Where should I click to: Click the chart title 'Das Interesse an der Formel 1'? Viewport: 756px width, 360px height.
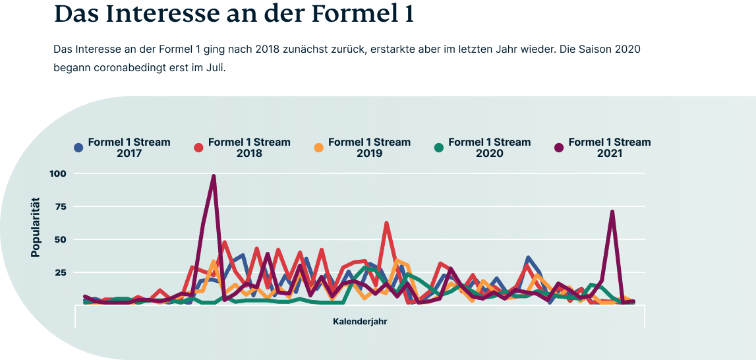click(x=233, y=14)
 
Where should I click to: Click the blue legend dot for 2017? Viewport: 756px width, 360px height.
click(x=79, y=148)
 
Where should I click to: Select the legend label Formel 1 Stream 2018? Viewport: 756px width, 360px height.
click(x=249, y=148)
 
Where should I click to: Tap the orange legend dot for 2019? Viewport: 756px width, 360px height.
click(x=319, y=148)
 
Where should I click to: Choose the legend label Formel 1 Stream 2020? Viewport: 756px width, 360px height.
click(x=489, y=148)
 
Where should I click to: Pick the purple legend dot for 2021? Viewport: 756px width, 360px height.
click(x=559, y=148)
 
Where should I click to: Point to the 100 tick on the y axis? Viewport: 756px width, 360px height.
click(x=58, y=173)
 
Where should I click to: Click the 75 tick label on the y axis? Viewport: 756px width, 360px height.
click(x=61, y=206)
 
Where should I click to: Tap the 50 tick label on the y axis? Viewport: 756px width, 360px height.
click(x=61, y=239)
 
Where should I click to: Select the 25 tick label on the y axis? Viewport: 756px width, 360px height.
click(x=61, y=272)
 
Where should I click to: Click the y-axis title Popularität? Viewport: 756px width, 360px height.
click(x=36, y=227)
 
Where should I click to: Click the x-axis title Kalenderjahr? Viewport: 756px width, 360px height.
click(x=360, y=322)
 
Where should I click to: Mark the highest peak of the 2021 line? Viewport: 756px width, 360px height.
click(x=214, y=176)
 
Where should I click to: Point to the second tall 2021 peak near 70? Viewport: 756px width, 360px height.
click(x=612, y=212)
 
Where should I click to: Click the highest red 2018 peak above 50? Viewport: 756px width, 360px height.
click(x=386, y=224)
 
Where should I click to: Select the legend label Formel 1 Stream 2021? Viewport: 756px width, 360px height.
click(x=609, y=148)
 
